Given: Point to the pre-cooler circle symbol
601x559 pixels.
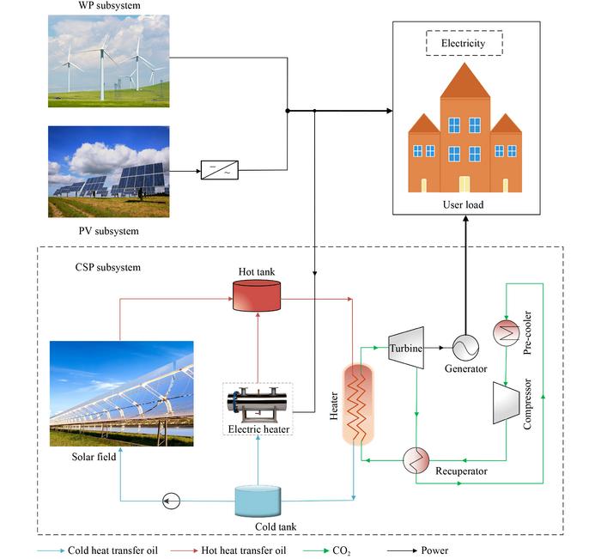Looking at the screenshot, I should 503,333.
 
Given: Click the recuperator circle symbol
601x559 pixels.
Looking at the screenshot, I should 417,461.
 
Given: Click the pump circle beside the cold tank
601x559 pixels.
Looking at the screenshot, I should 171,501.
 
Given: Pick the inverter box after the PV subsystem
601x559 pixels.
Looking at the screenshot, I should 220,170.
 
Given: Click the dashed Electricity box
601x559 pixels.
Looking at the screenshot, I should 464,43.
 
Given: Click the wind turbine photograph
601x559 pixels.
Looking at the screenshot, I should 108,61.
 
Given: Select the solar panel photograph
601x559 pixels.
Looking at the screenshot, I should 108,172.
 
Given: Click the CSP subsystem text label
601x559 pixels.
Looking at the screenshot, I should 100,267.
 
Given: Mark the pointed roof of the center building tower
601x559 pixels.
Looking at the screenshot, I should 464,79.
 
